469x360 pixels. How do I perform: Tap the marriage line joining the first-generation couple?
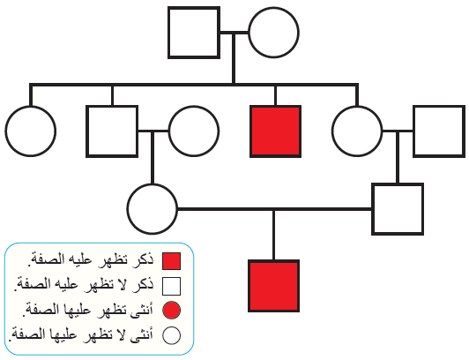234,33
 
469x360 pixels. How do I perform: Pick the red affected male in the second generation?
275,131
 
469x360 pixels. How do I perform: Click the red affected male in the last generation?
273,286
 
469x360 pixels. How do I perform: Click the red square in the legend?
171,261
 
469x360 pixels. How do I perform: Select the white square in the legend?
171,286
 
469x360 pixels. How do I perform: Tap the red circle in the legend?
171,311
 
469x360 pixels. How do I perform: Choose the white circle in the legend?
171,335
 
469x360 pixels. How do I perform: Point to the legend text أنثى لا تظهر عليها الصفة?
81,334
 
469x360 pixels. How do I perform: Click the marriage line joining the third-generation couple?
274,209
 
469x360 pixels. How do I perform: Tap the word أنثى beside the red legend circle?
142,310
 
